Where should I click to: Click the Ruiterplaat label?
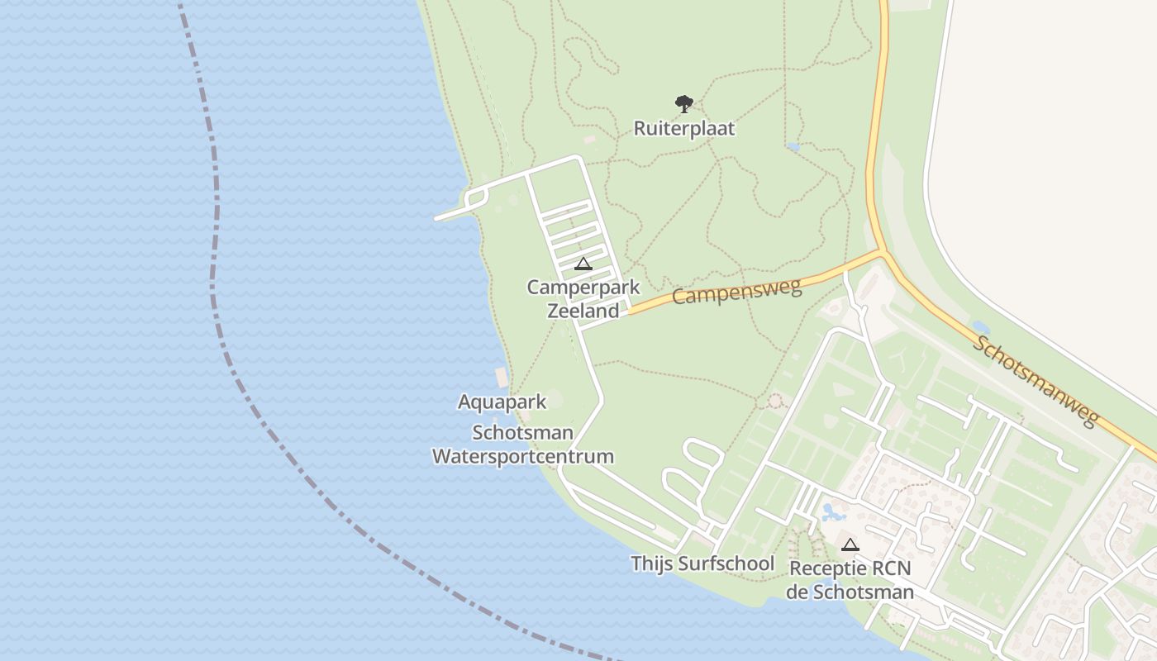(x=683, y=129)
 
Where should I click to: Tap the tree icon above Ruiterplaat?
(x=683, y=104)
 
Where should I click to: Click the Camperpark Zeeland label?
(x=583, y=299)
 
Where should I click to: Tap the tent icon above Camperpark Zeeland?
(x=583, y=264)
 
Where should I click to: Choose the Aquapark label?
(x=502, y=402)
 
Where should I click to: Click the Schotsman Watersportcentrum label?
(x=523, y=445)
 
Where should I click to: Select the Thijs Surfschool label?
(x=702, y=564)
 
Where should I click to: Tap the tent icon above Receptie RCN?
(x=850, y=544)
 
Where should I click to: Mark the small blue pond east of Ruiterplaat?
(x=793, y=147)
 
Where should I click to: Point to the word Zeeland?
(x=583, y=311)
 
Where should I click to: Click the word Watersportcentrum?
(x=523, y=456)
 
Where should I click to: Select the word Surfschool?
(x=726, y=564)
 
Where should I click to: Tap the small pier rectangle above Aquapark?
(x=501, y=378)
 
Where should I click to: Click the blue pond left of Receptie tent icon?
(x=832, y=513)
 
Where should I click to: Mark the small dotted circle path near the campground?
(x=775, y=402)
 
